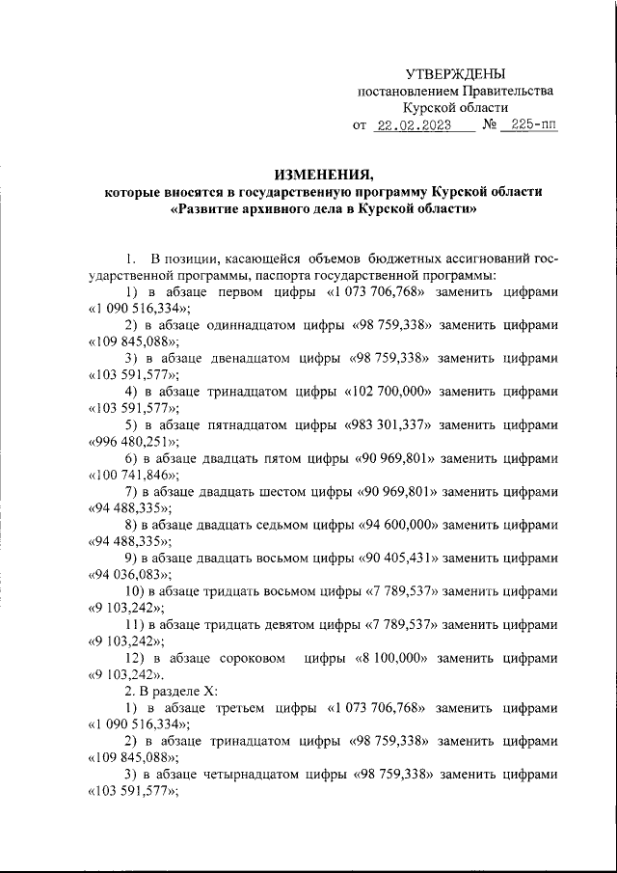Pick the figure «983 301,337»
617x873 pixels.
[386, 424]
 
